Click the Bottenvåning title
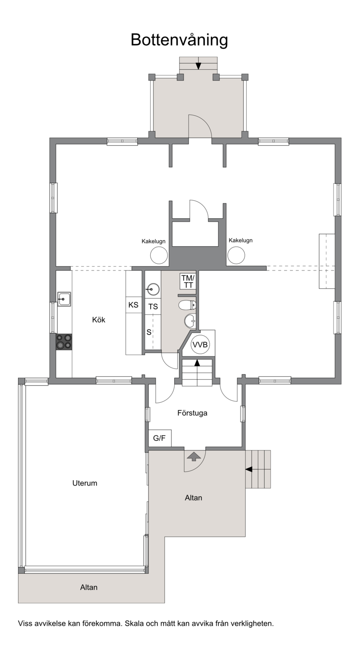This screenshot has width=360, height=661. tap(179, 40)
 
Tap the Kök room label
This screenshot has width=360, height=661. tap(99, 320)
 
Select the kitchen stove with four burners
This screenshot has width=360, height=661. tap(64, 342)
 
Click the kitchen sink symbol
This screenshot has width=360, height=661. tap(64, 299)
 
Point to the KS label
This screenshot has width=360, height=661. tap(133, 305)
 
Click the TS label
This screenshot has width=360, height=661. tap(153, 307)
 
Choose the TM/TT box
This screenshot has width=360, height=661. tap(188, 281)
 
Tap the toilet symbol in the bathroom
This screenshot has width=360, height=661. tap(187, 305)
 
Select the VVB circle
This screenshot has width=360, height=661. tap(200, 344)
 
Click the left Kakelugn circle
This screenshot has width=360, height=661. tap(159, 255)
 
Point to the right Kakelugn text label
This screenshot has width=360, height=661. tap(240, 240)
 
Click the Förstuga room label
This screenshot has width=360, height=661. tap(192, 413)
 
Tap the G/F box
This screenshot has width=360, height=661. tap(160, 438)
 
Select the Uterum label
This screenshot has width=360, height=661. tap(85, 483)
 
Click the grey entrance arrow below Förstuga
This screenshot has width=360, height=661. tap(194, 457)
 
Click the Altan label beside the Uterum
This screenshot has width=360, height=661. tap(193, 498)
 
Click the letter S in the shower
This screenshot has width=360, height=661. tap(149, 332)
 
